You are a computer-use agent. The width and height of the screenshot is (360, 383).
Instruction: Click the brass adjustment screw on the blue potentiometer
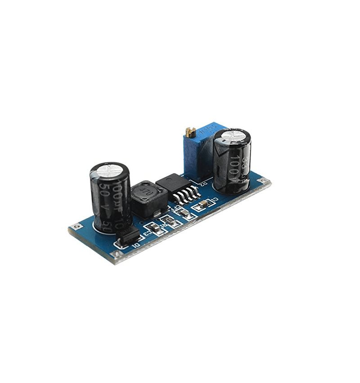[189, 132]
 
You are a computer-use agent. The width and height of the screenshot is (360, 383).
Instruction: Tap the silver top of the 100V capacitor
[232, 135]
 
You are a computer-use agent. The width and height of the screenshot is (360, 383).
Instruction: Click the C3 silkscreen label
[147, 232]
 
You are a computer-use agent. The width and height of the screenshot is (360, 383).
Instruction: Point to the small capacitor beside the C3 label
[154, 228]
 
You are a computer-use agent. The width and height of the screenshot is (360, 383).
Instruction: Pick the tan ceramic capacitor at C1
[201, 205]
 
